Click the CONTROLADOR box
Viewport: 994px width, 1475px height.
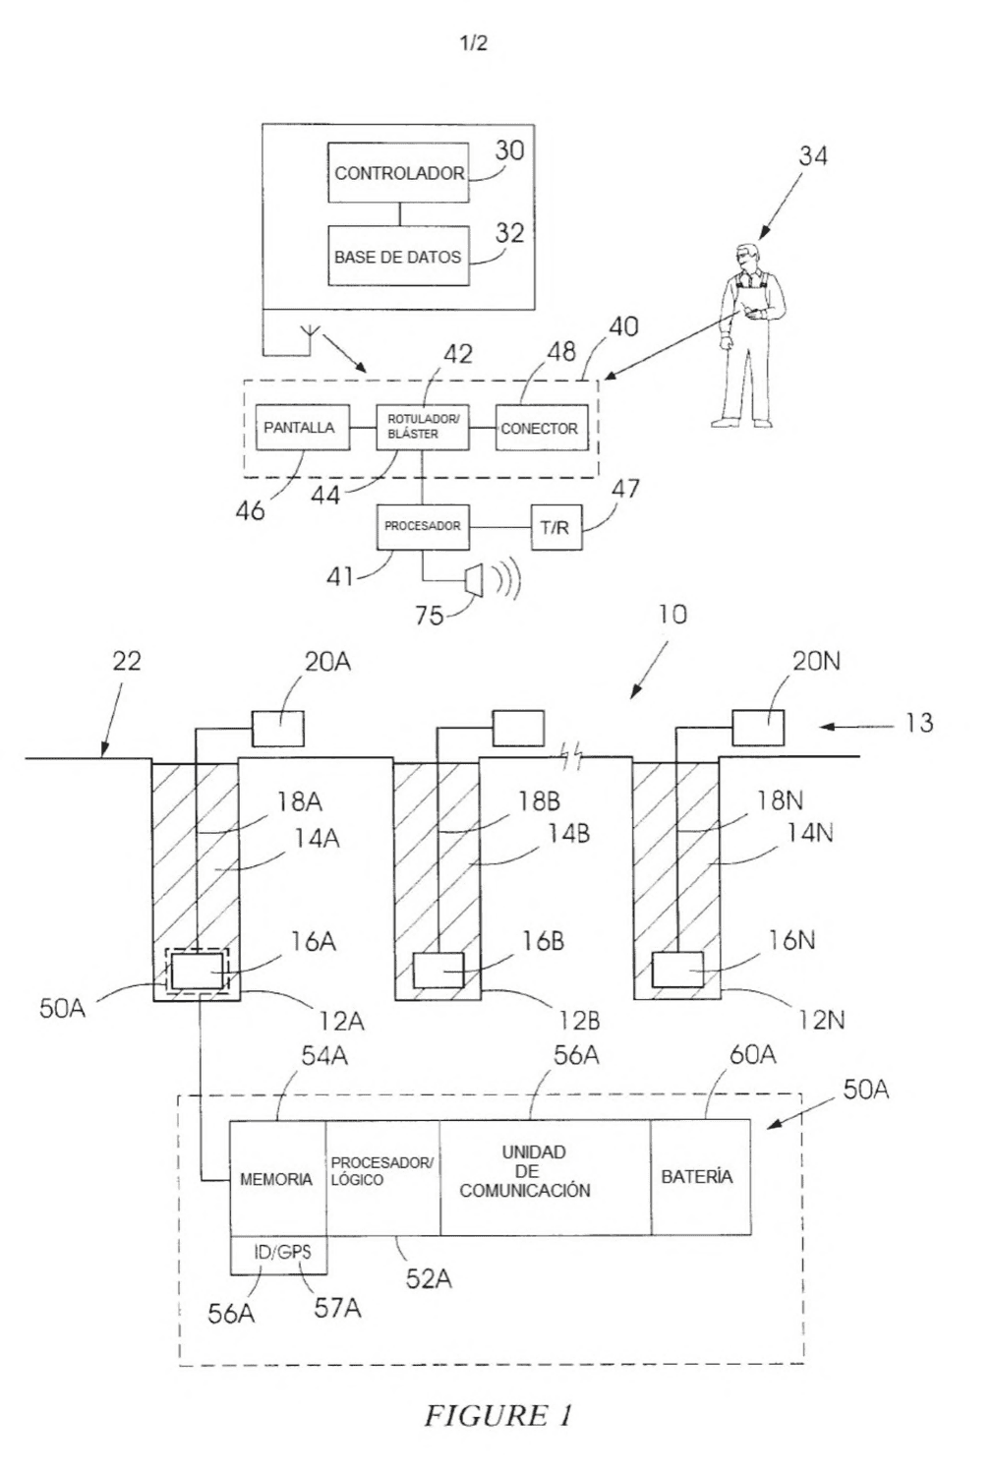click(x=398, y=172)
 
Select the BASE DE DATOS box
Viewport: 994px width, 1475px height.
click(x=398, y=256)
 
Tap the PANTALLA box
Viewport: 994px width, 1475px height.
click(x=303, y=428)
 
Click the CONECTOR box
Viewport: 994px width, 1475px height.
click(x=541, y=428)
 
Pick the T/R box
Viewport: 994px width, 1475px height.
click(x=556, y=527)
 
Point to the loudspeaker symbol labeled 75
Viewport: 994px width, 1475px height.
click(x=474, y=580)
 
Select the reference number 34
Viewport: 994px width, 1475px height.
click(x=813, y=156)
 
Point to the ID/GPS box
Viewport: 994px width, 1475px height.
click(x=277, y=1255)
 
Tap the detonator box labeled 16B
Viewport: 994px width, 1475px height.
click(x=438, y=970)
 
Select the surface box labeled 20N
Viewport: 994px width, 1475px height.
click(x=758, y=727)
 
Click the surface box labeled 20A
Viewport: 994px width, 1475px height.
click(x=278, y=729)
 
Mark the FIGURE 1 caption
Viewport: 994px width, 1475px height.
click(x=498, y=1414)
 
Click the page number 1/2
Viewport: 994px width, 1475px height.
click(x=474, y=43)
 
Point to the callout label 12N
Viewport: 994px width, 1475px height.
click(x=822, y=1020)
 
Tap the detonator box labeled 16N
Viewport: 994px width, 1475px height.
click(x=677, y=970)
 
